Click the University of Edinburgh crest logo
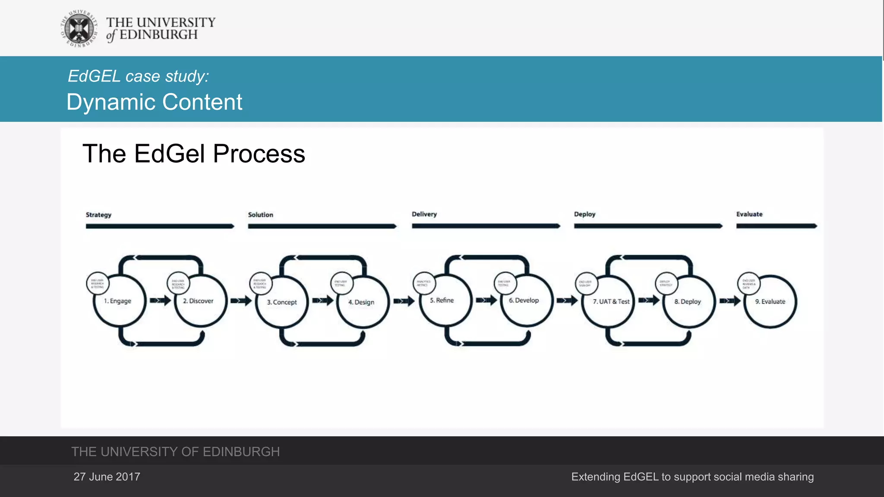coord(79,28)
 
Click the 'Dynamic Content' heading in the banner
coord(154,102)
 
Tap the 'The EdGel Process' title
coord(193,154)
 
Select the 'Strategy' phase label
coord(98,215)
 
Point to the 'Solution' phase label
coord(260,215)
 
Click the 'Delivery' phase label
coord(424,214)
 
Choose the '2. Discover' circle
coord(200,301)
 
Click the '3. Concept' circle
coord(282,302)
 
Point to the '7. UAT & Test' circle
coord(610,302)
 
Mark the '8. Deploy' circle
coord(688,302)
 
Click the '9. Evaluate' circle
coord(770,302)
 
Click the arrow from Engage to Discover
coord(160,300)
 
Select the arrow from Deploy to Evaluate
coord(730,301)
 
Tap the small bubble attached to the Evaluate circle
coord(748,283)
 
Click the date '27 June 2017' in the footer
coord(107,477)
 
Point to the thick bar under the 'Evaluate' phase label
coord(776,226)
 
